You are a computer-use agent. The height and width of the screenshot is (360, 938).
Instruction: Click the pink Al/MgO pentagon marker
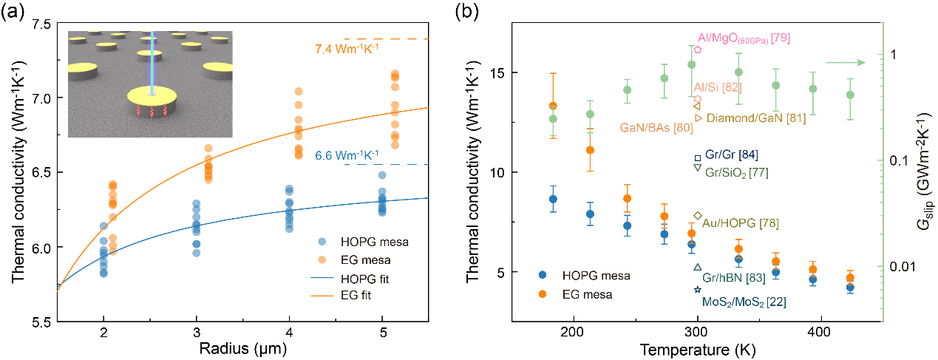pyautogui.click(x=697, y=50)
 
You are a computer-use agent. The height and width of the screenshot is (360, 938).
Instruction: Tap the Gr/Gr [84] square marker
pyautogui.click(x=697, y=157)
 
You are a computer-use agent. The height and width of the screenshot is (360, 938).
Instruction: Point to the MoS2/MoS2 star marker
pyautogui.click(x=697, y=290)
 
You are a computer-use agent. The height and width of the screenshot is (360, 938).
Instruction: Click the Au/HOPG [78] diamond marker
pyautogui.click(x=697, y=215)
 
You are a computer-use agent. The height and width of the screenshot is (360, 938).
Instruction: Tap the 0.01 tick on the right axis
pyautogui.click(x=897, y=266)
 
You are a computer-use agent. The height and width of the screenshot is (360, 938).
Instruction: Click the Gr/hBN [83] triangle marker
pyautogui.click(x=697, y=267)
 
